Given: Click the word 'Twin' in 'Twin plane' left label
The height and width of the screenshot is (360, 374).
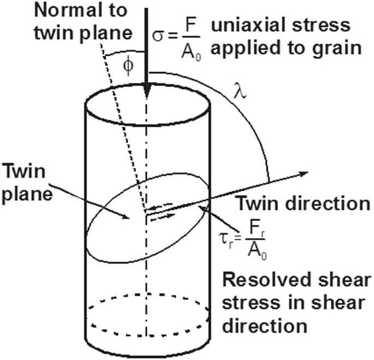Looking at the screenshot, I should [31, 170].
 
